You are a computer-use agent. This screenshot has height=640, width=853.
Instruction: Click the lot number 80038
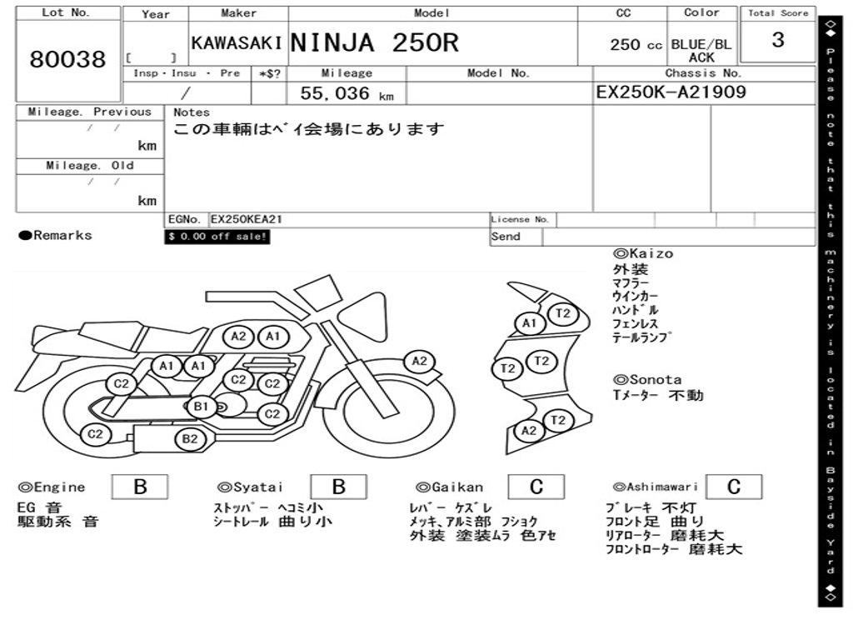click(68, 59)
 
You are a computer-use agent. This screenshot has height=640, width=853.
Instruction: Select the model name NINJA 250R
click(375, 42)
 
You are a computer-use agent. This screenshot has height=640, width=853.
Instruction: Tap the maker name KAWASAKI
click(237, 43)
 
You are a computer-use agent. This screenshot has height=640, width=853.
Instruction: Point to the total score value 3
click(778, 40)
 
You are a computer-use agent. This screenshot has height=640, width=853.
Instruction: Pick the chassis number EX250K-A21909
click(671, 92)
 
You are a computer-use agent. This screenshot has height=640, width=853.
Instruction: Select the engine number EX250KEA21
click(247, 219)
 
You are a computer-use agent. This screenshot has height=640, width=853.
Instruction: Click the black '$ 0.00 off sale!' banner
click(217, 237)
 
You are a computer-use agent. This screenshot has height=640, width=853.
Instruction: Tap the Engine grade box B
click(140, 487)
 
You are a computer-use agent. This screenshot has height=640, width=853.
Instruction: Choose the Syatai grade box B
click(338, 487)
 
